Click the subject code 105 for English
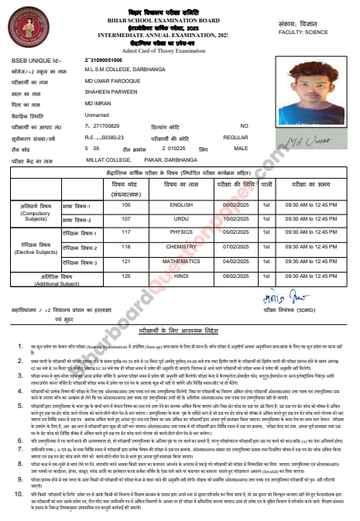[125, 205]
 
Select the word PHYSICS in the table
[181, 231]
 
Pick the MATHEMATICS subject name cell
[181, 261]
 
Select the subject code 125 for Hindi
[125, 276]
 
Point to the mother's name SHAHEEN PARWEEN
[109, 91]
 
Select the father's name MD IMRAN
[98, 102]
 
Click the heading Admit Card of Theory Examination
[180, 49]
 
